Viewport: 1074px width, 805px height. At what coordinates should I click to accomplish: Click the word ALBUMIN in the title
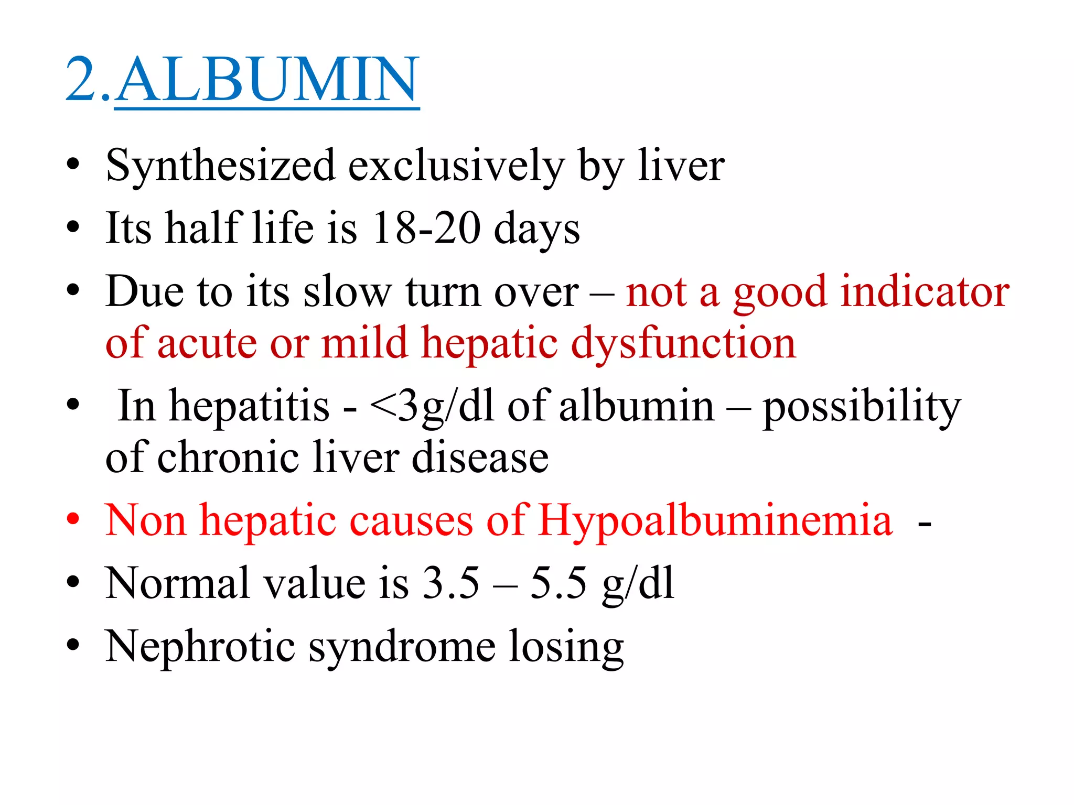coord(267,80)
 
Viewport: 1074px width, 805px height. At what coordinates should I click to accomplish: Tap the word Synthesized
coord(221,166)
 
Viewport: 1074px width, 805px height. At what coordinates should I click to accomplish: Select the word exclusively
coord(456,166)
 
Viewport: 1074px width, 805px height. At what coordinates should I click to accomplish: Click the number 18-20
coord(426,229)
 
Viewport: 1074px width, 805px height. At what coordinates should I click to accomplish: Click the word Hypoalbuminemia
coord(715,520)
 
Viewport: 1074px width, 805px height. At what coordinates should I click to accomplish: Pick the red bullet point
coord(73,520)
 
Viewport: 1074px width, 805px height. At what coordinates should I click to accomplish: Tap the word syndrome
coord(402,646)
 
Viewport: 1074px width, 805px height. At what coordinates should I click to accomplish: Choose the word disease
coord(480,458)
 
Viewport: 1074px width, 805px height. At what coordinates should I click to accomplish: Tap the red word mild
coord(365,344)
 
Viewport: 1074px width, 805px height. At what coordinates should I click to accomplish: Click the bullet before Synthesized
coord(73,166)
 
